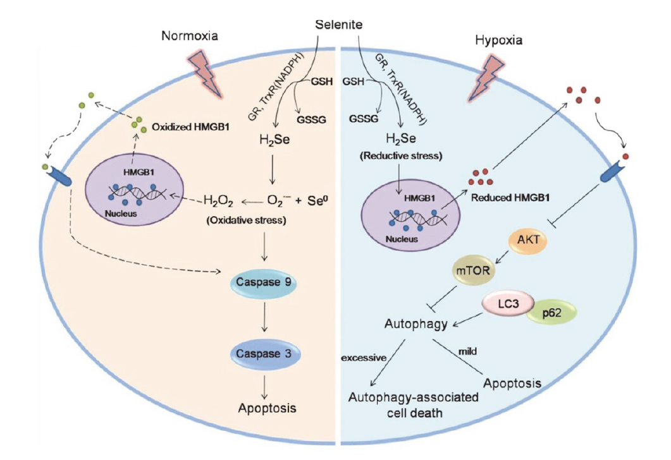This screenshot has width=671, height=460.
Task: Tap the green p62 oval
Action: tap(548, 314)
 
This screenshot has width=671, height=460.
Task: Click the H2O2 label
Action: tap(218, 202)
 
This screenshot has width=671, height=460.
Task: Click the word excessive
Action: tap(364, 358)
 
